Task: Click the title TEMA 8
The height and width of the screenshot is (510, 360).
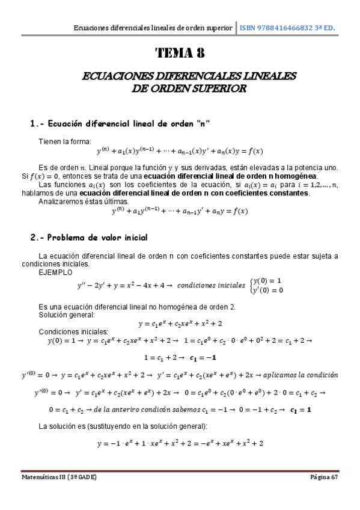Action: click(x=180, y=53)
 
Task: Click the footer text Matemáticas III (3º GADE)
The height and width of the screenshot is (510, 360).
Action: click(x=58, y=477)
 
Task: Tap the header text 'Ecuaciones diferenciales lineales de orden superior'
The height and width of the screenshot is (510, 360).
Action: click(x=152, y=28)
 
